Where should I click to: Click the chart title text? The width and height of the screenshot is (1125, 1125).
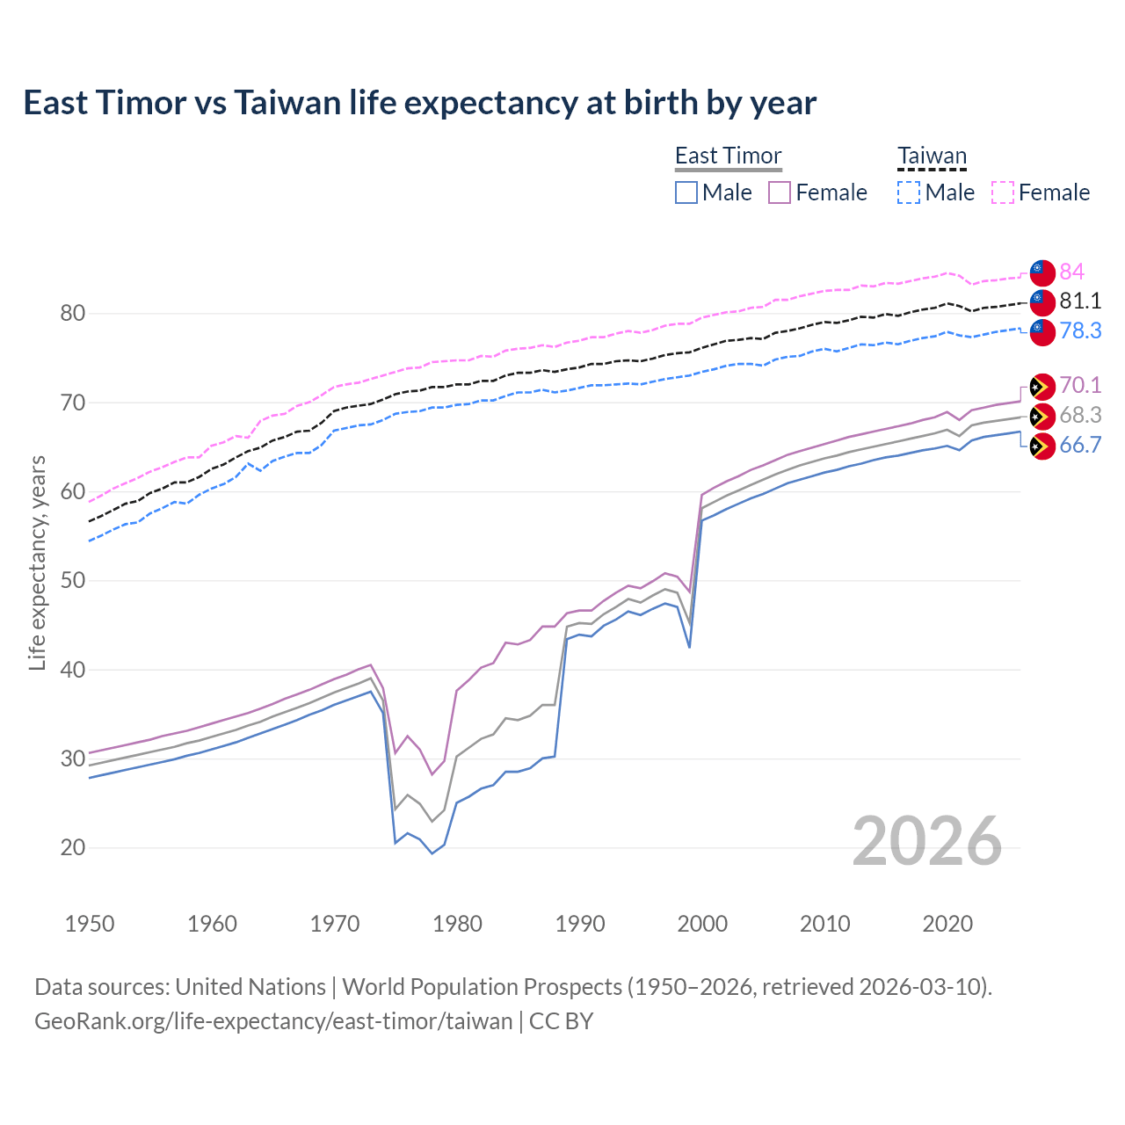pyautogui.click(x=419, y=103)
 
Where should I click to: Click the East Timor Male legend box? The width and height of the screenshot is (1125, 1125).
pyautogui.click(x=686, y=192)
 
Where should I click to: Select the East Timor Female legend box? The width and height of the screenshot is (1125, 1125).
pyautogui.click(x=780, y=192)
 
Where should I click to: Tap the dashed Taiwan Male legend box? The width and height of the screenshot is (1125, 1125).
pyautogui.click(x=909, y=192)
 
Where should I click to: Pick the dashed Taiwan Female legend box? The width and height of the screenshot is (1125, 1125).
pyautogui.click(x=1003, y=192)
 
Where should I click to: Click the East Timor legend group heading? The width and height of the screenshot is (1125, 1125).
pyautogui.click(x=728, y=156)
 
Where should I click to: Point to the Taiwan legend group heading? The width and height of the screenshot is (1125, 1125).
pyautogui.click(x=932, y=156)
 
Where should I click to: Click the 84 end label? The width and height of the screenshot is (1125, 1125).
pyautogui.click(x=1071, y=272)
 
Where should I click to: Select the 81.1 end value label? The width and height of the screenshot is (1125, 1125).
pyautogui.click(x=1080, y=301)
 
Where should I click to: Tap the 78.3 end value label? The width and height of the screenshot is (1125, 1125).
pyautogui.click(x=1080, y=330)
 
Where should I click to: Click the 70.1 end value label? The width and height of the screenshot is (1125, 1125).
pyautogui.click(x=1080, y=385)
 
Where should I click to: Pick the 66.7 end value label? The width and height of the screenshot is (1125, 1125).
pyautogui.click(x=1080, y=445)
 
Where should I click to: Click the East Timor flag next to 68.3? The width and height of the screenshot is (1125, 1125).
pyautogui.click(x=1042, y=416)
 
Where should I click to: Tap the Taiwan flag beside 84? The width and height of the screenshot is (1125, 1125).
pyautogui.click(x=1042, y=272)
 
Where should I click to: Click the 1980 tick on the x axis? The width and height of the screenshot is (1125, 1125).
pyautogui.click(x=457, y=924)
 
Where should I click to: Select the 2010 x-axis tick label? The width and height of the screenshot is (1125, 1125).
pyautogui.click(x=824, y=924)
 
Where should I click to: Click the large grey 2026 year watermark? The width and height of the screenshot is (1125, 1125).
pyautogui.click(x=926, y=841)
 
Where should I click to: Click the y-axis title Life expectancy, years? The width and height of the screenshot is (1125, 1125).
pyautogui.click(x=37, y=562)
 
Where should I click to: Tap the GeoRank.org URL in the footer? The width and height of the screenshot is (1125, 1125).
pyautogui.click(x=273, y=1021)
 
